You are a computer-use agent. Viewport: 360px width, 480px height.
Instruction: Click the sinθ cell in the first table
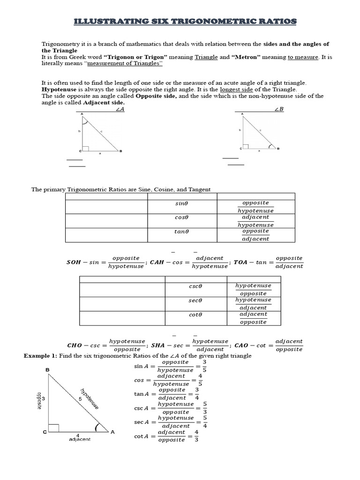click(x=180, y=204)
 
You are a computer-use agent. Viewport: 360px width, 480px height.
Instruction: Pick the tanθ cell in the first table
click(x=180, y=232)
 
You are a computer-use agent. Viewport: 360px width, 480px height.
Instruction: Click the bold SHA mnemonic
click(x=164, y=345)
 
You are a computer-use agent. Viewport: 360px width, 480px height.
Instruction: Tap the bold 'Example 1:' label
click(x=40, y=356)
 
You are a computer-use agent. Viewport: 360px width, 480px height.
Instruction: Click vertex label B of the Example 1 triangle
click(x=47, y=370)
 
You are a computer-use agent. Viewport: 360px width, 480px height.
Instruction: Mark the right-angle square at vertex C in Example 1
click(x=53, y=428)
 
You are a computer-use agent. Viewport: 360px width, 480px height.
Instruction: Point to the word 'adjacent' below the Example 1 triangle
click(x=80, y=439)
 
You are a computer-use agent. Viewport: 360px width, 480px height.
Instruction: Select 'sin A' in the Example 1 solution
click(x=141, y=366)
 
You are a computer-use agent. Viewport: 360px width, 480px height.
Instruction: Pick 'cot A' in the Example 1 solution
click(x=141, y=436)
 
